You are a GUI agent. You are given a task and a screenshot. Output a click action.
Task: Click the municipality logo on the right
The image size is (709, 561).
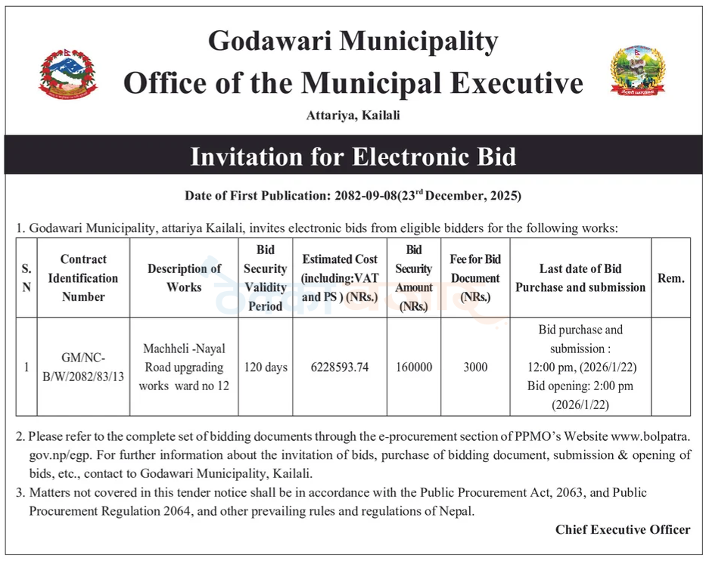[x=638, y=70]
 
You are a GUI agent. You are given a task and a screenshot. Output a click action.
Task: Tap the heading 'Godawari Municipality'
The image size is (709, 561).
[x=353, y=41]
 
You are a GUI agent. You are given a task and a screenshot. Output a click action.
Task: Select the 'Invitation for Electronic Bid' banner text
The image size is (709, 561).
[x=353, y=157]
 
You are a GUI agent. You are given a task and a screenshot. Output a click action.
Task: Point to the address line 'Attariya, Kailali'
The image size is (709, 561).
[x=353, y=116]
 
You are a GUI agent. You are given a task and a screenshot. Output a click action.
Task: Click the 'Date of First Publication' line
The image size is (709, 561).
[x=353, y=196]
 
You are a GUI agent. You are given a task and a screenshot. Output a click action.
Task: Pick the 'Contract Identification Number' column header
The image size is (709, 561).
[x=83, y=277]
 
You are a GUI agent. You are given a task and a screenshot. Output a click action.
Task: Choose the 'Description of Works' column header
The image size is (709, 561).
[x=184, y=277]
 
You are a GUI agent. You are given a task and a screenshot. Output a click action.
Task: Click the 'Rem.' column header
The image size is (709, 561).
[x=670, y=277]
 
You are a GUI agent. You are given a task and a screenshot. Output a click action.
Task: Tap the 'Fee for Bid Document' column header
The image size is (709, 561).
[x=475, y=277]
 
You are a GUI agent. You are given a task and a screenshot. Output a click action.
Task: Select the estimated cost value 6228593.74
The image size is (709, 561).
[x=340, y=367]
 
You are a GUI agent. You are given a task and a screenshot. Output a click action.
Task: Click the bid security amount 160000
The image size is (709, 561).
[x=414, y=367]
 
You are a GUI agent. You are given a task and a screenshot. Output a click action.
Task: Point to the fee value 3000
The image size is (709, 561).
[x=475, y=367]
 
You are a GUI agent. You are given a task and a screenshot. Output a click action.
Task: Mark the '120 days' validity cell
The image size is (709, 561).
[x=266, y=367]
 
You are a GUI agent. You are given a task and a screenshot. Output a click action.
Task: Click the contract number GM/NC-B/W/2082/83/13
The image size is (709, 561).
[x=83, y=368]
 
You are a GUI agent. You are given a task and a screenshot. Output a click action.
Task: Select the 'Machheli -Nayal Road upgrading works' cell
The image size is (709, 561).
[x=184, y=367]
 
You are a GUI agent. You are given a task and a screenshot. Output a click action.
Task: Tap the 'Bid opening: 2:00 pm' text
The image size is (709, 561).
[x=580, y=386]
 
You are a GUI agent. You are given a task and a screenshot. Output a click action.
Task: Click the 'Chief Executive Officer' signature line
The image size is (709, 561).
[x=623, y=529]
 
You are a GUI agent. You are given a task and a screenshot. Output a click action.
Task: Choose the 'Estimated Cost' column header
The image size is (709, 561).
[x=340, y=277]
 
